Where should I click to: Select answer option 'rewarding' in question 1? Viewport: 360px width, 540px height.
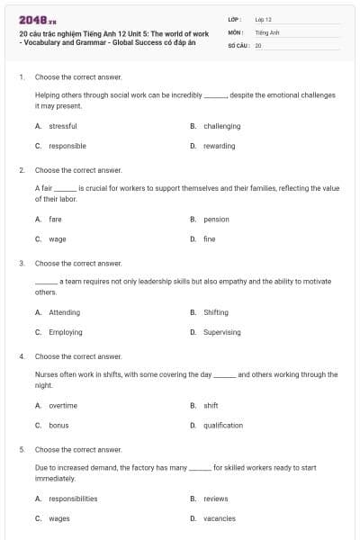coord(219,146)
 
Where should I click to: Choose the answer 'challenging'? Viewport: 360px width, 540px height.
coord(221,126)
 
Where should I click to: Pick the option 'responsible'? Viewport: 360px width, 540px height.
coord(67,146)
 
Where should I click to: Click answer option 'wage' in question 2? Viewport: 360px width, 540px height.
coord(58,239)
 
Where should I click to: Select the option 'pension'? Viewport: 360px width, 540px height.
coord(216,219)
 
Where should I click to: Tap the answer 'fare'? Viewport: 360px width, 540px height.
coord(56,219)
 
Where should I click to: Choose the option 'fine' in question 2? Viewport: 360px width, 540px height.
coord(210,239)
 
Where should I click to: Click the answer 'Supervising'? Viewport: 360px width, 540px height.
coord(222,332)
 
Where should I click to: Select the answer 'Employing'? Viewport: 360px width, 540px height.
coord(66,332)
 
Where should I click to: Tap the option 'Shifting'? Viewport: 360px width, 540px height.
coord(216,312)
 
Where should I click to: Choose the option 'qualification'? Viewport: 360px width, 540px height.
coord(223,426)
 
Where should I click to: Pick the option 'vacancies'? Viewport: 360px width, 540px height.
coord(220,518)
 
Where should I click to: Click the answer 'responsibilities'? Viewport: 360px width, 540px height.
coord(73,499)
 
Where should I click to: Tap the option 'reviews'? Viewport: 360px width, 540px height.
coord(216,499)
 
